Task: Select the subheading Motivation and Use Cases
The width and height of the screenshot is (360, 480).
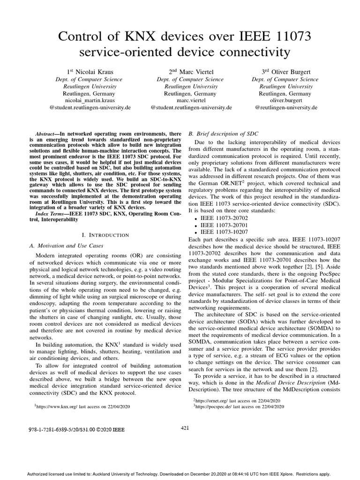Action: coord(67,245)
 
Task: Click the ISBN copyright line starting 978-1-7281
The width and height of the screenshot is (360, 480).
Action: coord(80,429)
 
